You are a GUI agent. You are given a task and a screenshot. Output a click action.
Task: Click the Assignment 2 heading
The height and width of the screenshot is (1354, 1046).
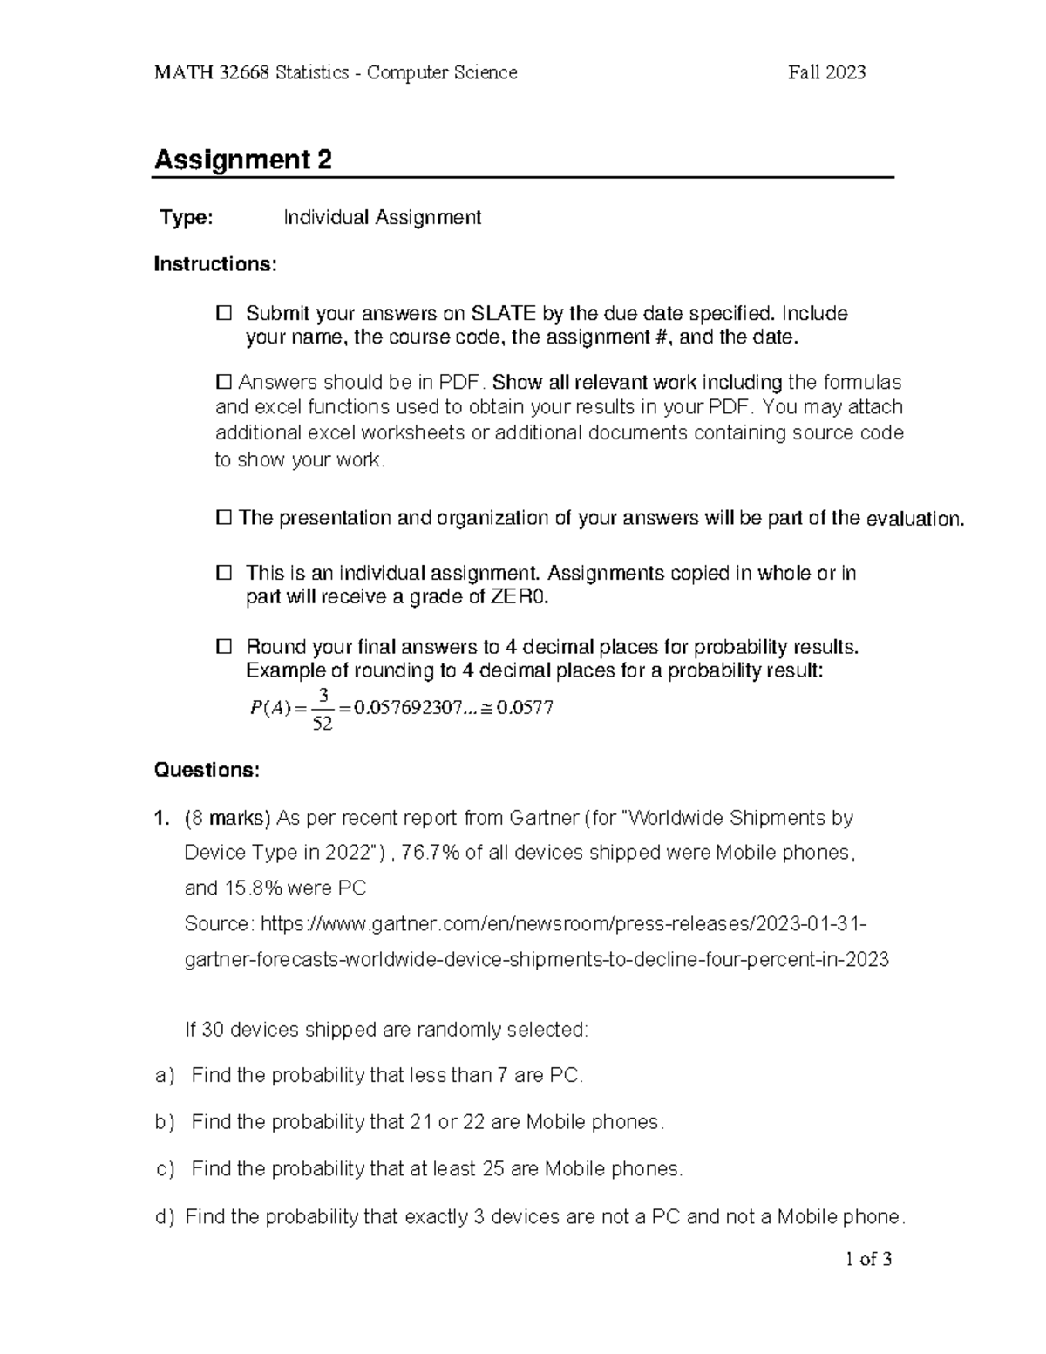243,160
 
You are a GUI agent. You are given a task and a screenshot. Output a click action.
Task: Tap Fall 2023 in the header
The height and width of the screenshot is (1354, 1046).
826,73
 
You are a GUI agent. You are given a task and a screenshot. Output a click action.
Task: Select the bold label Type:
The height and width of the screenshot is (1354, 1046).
186,218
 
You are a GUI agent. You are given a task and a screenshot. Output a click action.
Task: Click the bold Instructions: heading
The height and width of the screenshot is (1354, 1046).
215,264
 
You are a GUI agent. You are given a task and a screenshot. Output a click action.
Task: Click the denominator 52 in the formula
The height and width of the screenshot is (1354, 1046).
323,725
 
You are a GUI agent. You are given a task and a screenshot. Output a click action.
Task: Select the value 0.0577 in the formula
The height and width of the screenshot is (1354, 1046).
525,708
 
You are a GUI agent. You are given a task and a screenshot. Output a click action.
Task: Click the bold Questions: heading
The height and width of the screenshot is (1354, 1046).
207,771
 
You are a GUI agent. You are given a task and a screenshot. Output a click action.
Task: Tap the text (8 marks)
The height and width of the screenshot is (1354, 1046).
229,819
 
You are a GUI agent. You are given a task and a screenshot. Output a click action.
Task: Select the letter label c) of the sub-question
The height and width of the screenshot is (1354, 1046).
165,1170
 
